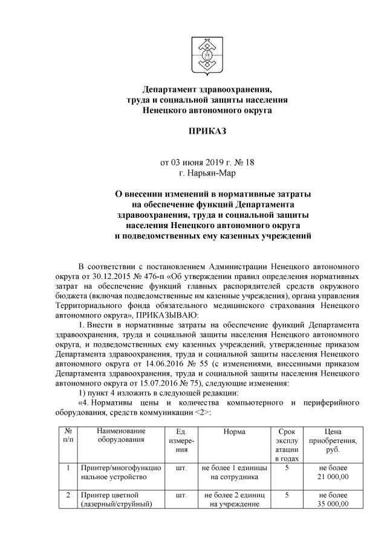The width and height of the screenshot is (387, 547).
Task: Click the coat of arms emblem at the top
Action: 207,55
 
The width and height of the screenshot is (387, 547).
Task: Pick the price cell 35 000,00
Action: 333,504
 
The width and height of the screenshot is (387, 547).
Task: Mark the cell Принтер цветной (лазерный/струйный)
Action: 110,499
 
